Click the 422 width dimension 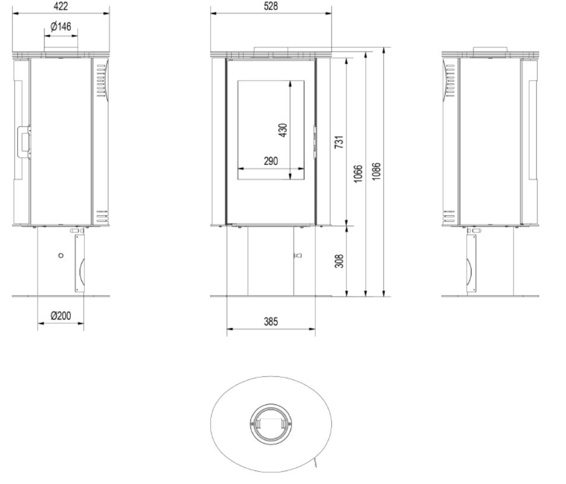[x=60, y=6]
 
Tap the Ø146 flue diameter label [x=61, y=27]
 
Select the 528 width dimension [x=271, y=6]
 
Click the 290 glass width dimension [x=271, y=161]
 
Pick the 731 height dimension [x=340, y=142]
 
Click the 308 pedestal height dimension [x=340, y=261]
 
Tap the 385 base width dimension [x=271, y=321]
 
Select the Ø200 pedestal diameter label [x=61, y=316]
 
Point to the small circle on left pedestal [x=61, y=255]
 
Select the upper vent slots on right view [x=450, y=81]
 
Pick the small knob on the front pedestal [x=298, y=256]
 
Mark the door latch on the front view [x=315, y=141]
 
